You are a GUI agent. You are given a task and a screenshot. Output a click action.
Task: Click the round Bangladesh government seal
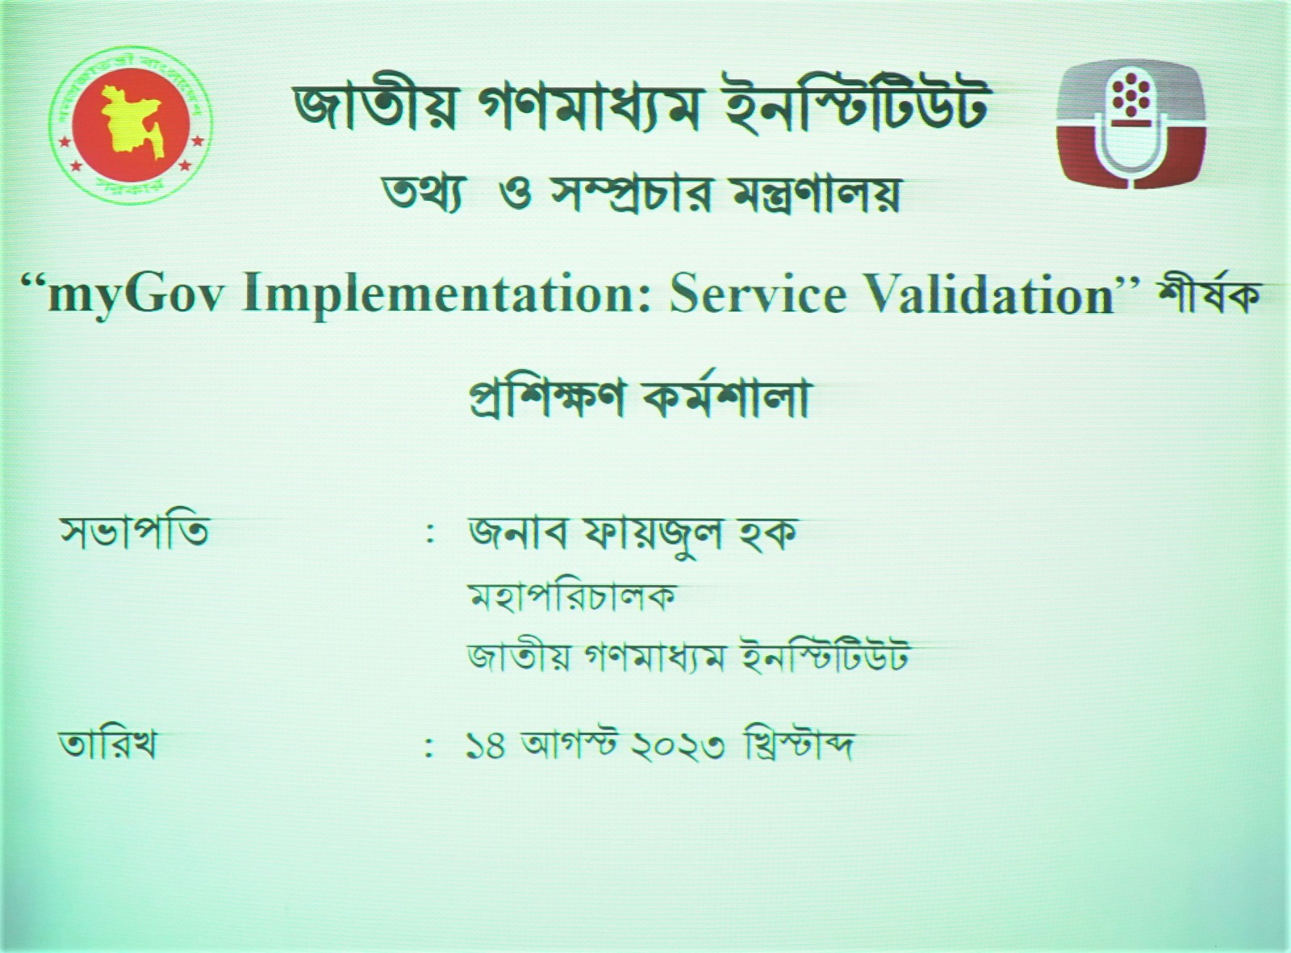point(131,127)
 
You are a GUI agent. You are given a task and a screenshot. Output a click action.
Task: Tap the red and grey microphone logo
point(1130,124)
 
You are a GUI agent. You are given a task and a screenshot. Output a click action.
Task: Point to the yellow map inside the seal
point(131,123)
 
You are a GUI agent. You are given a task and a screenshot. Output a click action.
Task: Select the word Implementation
point(446,298)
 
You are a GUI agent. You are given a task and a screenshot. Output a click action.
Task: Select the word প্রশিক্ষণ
point(547,399)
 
